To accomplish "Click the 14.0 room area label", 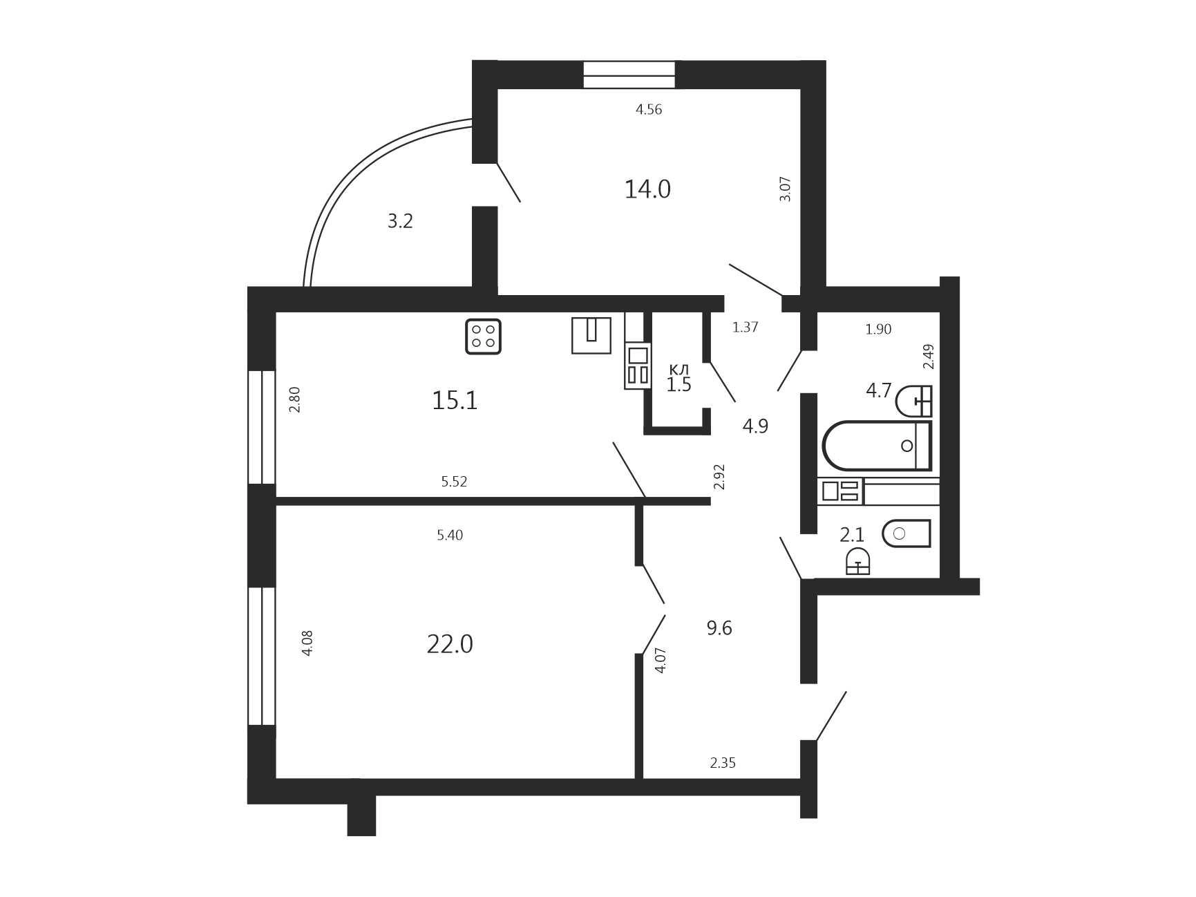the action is click(647, 189).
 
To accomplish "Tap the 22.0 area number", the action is click(450, 644).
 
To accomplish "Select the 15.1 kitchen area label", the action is click(455, 400).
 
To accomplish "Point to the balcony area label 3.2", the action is click(400, 221).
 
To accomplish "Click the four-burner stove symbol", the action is click(483, 337).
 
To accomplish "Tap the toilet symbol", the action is click(907, 534).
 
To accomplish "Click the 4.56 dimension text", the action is click(649, 109).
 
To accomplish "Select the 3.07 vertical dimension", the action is click(785, 189).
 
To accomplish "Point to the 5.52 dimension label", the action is click(454, 482).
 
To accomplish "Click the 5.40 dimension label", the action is click(450, 535).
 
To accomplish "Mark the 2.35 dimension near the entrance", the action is click(723, 763).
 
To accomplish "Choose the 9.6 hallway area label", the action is click(719, 628).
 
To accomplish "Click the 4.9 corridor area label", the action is click(755, 426).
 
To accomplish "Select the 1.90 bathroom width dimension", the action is click(878, 330).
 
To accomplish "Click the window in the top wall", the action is click(629, 75).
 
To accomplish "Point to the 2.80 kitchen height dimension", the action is click(295, 399).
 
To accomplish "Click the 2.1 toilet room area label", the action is click(852, 535).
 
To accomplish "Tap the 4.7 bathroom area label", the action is click(879, 391).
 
